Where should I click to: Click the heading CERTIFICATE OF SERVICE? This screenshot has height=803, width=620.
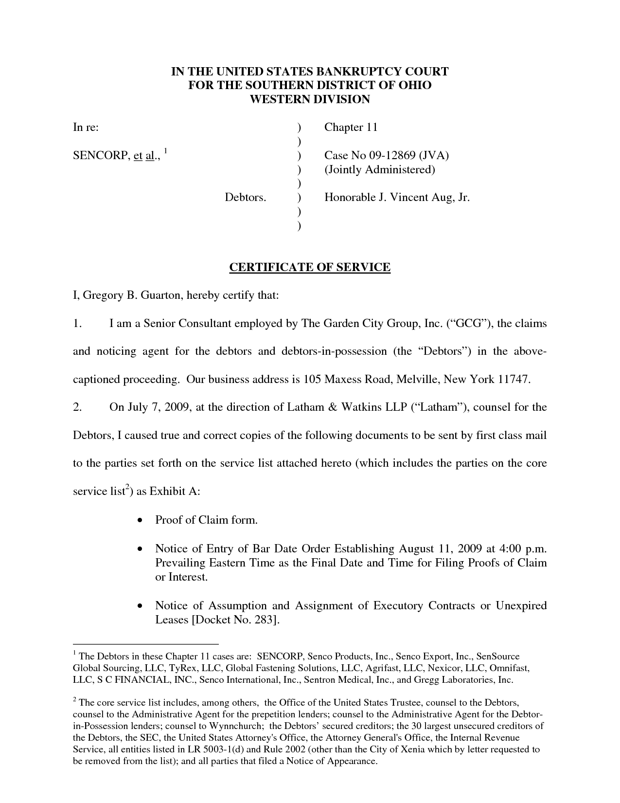click(x=310, y=267)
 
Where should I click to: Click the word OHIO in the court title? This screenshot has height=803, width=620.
click(x=414, y=85)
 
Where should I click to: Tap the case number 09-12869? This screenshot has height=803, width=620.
click(x=392, y=156)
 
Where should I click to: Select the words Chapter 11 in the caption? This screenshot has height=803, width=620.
click(x=351, y=128)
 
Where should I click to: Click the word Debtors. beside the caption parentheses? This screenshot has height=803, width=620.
click(x=245, y=198)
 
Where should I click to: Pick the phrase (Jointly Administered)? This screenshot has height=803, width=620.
click(x=379, y=170)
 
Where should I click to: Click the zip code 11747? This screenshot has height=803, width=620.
click(x=513, y=380)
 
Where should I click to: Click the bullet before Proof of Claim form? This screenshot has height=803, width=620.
click(x=140, y=521)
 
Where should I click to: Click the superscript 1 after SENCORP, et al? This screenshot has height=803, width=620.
click(x=165, y=150)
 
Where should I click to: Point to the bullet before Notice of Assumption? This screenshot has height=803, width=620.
click(x=140, y=606)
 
